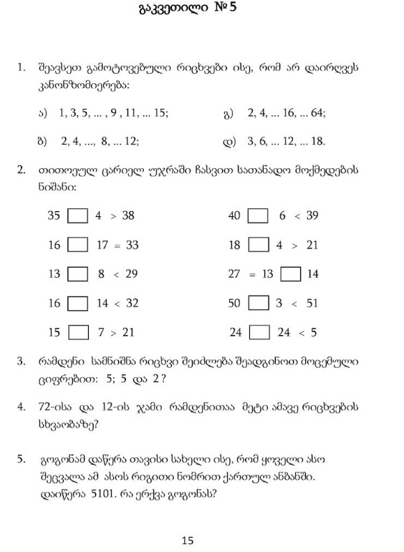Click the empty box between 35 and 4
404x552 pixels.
tap(77, 216)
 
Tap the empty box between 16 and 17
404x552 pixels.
tap(77, 245)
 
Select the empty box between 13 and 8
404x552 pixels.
tap(77, 274)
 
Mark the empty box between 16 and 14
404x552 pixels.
tap(77, 304)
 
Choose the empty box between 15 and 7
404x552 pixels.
tap(77, 333)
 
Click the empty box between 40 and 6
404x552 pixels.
tap(259, 216)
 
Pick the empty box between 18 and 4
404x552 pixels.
tap(259, 245)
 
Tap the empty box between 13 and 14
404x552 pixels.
tap(290, 274)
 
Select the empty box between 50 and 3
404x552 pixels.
tap(259, 304)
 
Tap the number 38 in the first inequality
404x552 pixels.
tap(128, 216)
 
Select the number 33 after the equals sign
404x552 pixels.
tap(132, 245)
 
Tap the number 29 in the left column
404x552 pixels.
tap(130, 274)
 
